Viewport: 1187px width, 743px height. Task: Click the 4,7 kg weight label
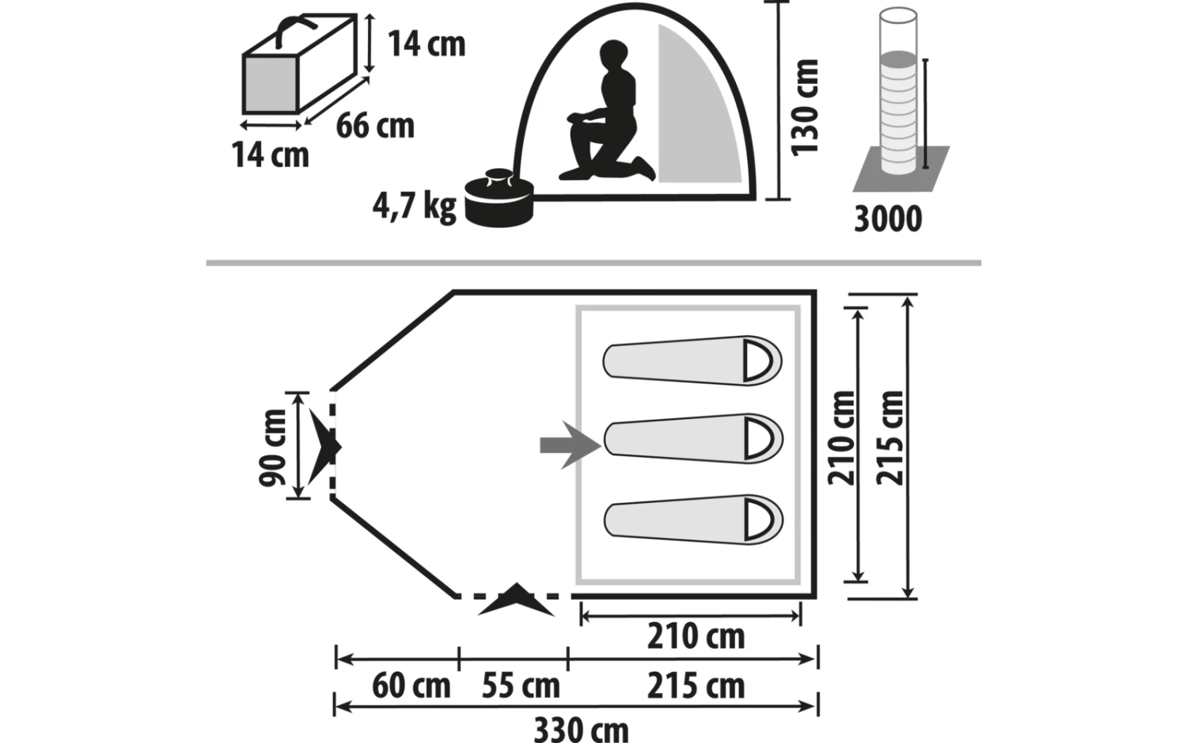point(414,206)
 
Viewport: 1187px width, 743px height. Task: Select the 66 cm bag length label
point(375,126)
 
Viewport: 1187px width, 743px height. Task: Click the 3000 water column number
point(888,219)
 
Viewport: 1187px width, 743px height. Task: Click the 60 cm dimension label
point(411,686)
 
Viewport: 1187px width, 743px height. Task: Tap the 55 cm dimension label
point(521,686)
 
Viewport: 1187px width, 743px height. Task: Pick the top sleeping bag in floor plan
point(692,362)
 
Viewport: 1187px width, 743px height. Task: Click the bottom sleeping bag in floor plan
point(693,520)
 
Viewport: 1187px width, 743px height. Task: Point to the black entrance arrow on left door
point(324,446)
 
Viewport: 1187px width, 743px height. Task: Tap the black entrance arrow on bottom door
point(516,600)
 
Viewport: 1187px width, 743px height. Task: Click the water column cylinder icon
point(899,95)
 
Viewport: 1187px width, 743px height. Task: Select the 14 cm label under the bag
point(270,154)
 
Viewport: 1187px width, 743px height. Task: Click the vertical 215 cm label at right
point(890,437)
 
